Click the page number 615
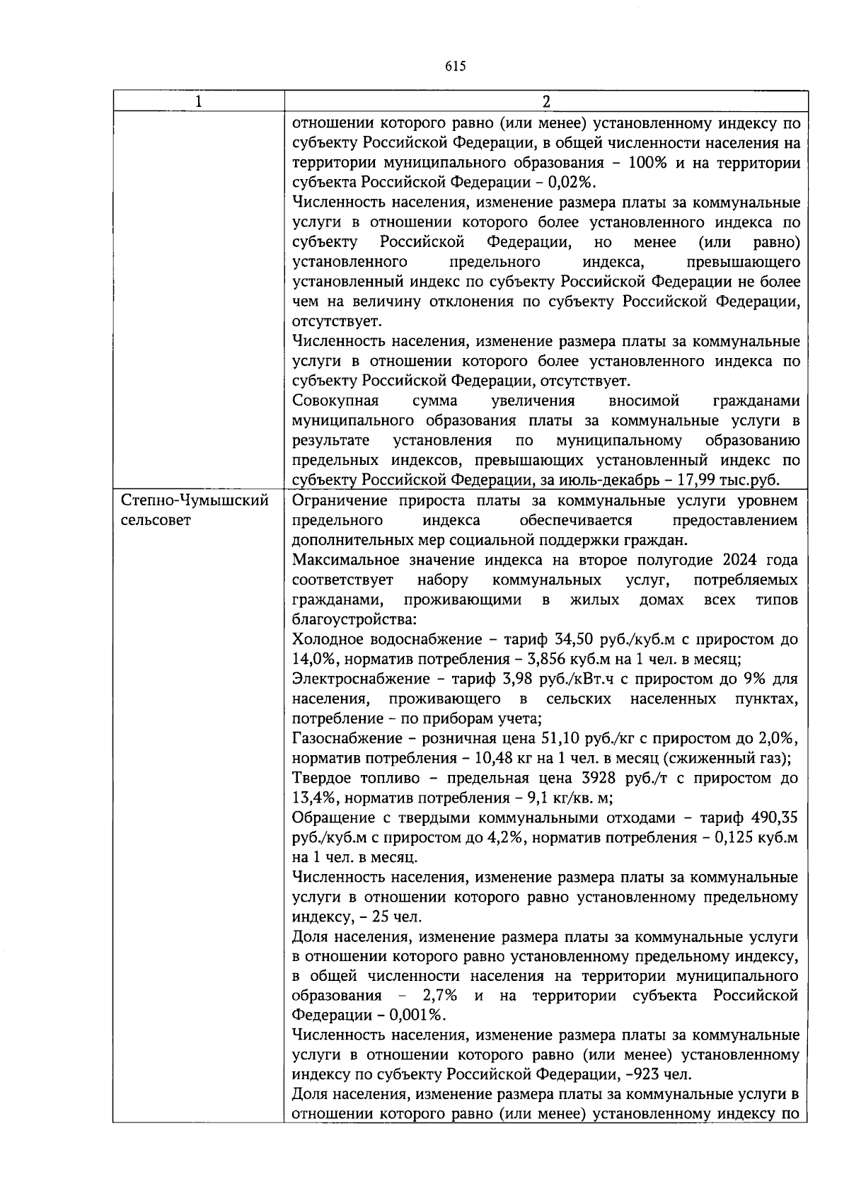pos(456,67)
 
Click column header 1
pos(199,101)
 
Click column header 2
pos(545,101)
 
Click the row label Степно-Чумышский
pos(195,501)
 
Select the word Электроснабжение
pos(360,679)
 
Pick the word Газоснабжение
pos(347,739)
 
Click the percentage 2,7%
pos(439,996)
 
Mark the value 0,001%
pos(420,1016)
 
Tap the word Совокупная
pos(335,401)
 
